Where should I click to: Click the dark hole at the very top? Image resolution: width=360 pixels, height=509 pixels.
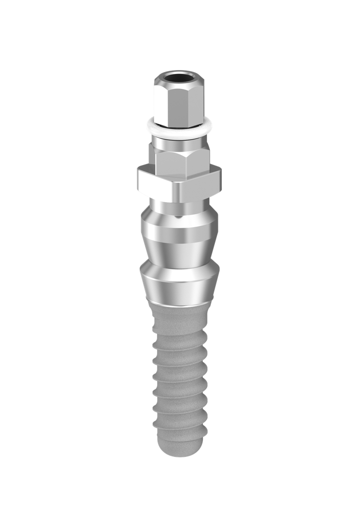(180, 79)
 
